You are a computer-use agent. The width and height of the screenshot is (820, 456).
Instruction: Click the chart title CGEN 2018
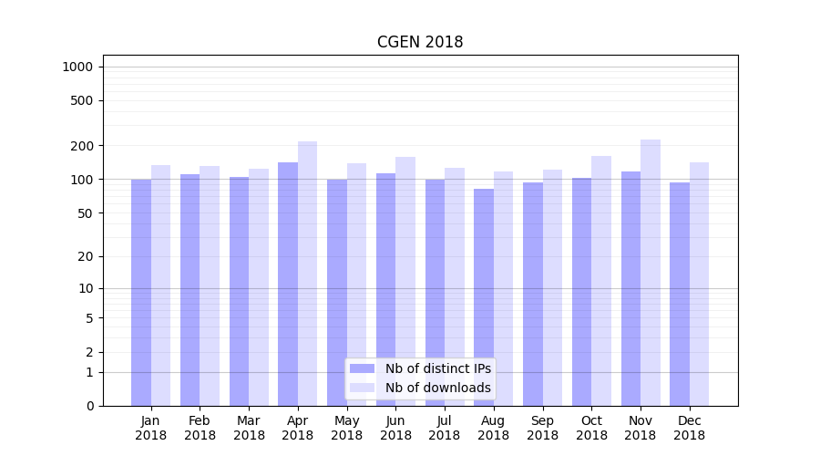(420, 43)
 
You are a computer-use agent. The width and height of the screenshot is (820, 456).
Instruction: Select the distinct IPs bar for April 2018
(288, 283)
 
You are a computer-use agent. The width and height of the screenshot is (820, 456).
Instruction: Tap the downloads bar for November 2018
(651, 274)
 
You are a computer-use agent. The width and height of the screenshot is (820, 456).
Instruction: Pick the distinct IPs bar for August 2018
(484, 296)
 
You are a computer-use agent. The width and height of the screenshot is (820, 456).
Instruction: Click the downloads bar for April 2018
(307, 274)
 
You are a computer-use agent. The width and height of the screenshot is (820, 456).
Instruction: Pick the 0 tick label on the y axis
(90, 406)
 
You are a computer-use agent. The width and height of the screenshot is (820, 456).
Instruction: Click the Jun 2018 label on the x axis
(395, 428)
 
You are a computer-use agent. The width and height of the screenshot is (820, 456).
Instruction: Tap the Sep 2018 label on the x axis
(542, 428)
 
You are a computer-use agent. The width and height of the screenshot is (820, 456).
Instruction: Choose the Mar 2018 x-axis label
(249, 428)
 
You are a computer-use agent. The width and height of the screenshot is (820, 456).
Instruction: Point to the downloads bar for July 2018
(455, 286)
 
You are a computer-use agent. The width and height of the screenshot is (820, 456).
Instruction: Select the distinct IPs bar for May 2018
(337, 292)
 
